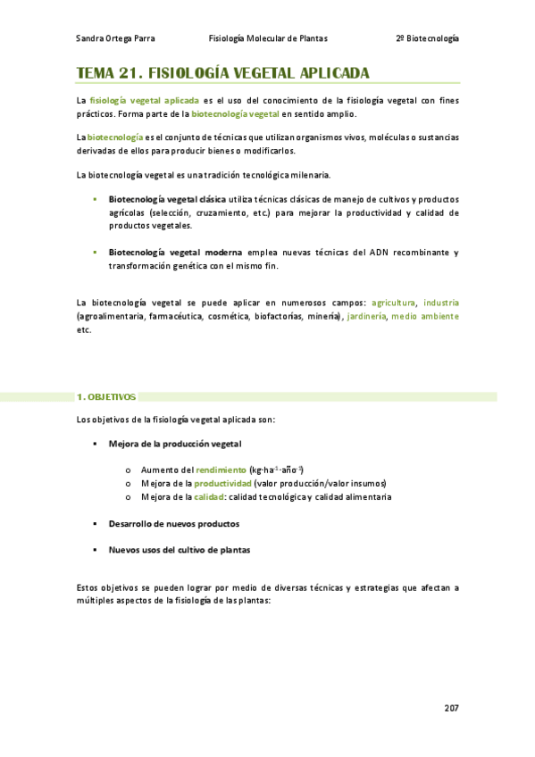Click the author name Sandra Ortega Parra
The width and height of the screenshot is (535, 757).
[x=115, y=38]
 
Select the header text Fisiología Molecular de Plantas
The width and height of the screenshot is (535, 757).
[x=268, y=38]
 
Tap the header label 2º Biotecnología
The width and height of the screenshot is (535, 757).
[x=427, y=38]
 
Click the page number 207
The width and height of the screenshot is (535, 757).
[x=451, y=708]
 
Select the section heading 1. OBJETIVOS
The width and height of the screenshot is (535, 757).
[x=105, y=396]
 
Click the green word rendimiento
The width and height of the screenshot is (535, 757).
[x=222, y=470]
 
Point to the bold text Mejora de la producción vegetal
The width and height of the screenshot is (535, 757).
[x=174, y=444]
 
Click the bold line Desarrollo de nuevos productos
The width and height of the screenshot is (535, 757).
[x=173, y=524]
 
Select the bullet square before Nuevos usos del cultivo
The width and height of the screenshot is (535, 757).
[x=94, y=550]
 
